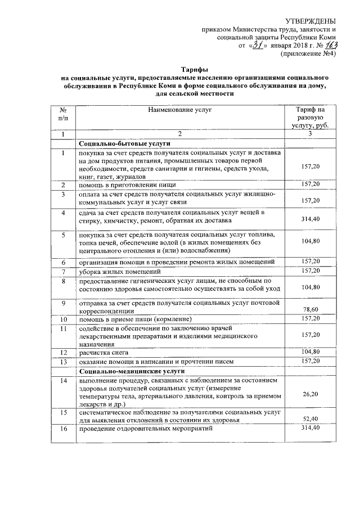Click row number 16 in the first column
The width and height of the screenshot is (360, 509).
point(64,429)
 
